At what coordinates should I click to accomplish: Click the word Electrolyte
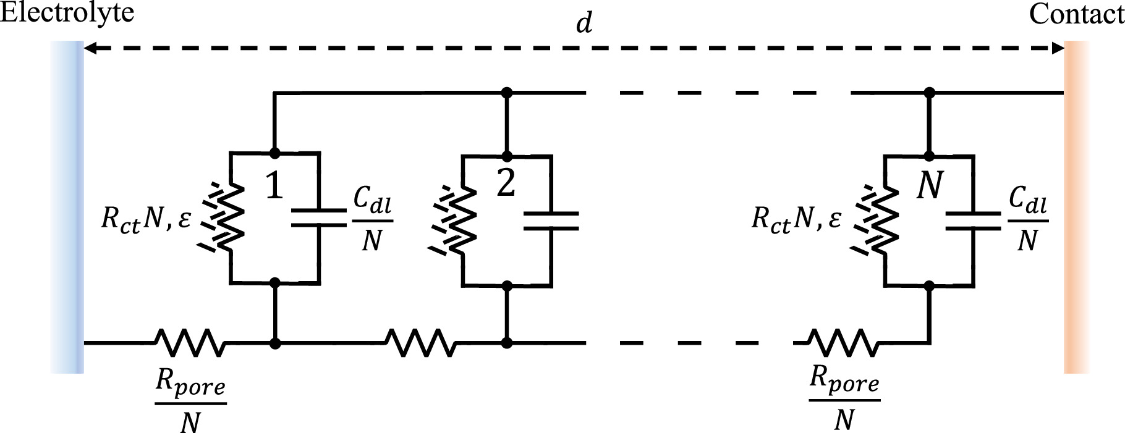click(x=67, y=12)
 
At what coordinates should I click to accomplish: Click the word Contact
click(x=1076, y=14)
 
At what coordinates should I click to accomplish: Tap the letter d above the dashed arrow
click(x=584, y=23)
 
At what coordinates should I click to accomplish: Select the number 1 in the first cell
click(x=274, y=185)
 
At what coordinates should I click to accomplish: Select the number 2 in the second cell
click(x=506, y=183)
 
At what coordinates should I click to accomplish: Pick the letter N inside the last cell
click(x=929, y=185)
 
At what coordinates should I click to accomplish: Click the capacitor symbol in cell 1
click(x=318, y=217)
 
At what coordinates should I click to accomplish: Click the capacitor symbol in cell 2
click(x=551, y=221)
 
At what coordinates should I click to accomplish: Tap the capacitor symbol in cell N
click(x=973, y=221)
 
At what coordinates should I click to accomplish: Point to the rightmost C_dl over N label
click(x=1027, y=219)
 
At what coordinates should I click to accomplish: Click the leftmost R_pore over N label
click(x=190, y=402)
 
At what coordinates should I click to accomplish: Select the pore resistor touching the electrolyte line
click(x=189, y=342)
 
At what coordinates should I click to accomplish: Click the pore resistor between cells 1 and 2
click(x=420, y=342)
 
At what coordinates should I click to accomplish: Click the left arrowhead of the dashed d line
click(x=90, y=48)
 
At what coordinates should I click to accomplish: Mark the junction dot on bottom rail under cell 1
click(x=275, y=343)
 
